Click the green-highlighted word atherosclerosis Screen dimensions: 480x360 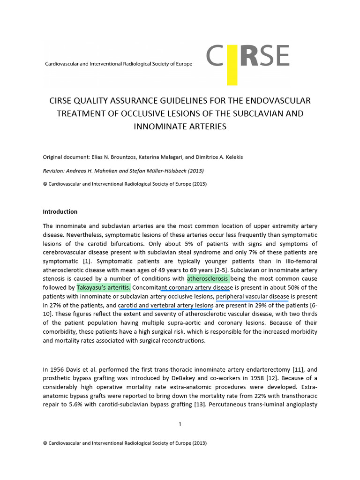[x=208, y=278]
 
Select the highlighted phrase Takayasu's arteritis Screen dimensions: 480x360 [x=104, y=287]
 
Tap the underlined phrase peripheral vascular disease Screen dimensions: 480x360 [x=252, y=297]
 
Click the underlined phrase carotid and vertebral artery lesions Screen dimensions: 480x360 [x=165, y=306]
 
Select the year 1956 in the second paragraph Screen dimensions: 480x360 [x=56, y=369]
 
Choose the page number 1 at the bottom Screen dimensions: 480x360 [x=180, y=424]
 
